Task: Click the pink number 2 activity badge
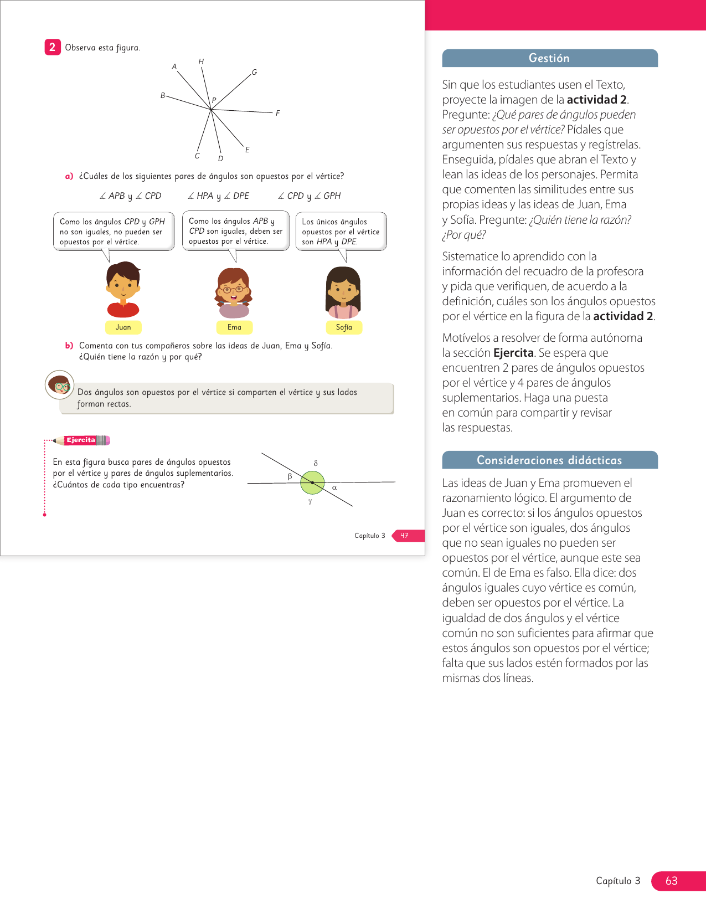pyautogui.click(x=52, y=47)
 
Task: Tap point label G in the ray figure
pyautogui.click(x=254, y=72)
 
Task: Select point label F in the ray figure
pyautogui.click(x=277, y=113)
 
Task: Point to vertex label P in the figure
pyautogui.click(x=214, y=100)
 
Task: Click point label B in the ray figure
pyautogui.click(x=163, y=95)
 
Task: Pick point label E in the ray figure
pyautogui.click(x=247, y=150)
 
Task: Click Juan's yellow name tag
pyautogui.click(x=123, y=327)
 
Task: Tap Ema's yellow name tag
pyautogui.click(x=234, y=327)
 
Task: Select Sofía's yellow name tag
pyautogui.click(x=344, y=327)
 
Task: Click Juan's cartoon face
pyautogui.click(x=123, y=287)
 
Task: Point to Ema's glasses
pyautogui.click(x=233, y=289)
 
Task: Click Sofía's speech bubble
pyautogui.click(x=341, y=232)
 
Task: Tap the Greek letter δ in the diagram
pyautogui.click(x=316, y=463)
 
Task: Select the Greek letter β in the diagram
pyautogui.click(x=290, y=476)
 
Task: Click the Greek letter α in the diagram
pyautogui.click(x=334, y=488)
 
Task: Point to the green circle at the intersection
pyautogui.click(x=312, y=482)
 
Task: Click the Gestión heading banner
pyautogui.click(x=549, y=58)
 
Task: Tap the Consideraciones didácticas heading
pyautogui.click(x=549, y=460)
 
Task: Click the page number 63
pyautogui.click(x=671, y=881)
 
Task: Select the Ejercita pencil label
pyautogui.click(x=81, y=440)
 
